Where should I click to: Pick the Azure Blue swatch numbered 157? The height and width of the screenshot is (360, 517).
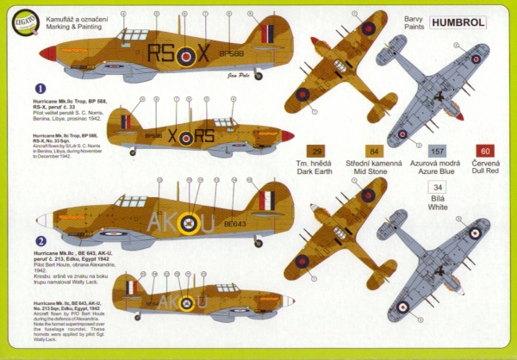pyautogui.click(x=437, y=150)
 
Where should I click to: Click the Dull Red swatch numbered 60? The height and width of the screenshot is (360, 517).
pyautogui.click(x=484, y=150)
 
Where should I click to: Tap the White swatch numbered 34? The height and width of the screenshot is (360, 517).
pyautogui.click(x=438, y=186)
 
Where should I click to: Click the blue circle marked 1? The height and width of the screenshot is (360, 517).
pyautogui.click(x=40, y=88)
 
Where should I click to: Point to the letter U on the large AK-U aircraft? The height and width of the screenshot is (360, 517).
pyautogui.click(x=207, y=223)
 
